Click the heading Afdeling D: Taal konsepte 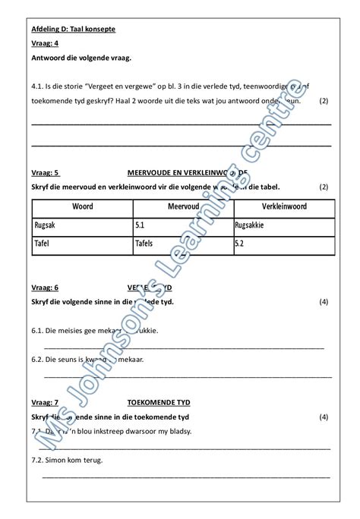pos(74,29)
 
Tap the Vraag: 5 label pos(45,172)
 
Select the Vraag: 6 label pos(45,288)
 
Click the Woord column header pos(82,206)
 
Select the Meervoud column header pos(183,206)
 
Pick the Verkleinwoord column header pos(283,206)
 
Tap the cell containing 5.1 pos(140,225)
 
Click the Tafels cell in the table pos(144,244)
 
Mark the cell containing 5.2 pos(240,244)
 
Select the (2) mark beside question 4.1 pos(324,100)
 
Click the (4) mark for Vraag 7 pos(324,417)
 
